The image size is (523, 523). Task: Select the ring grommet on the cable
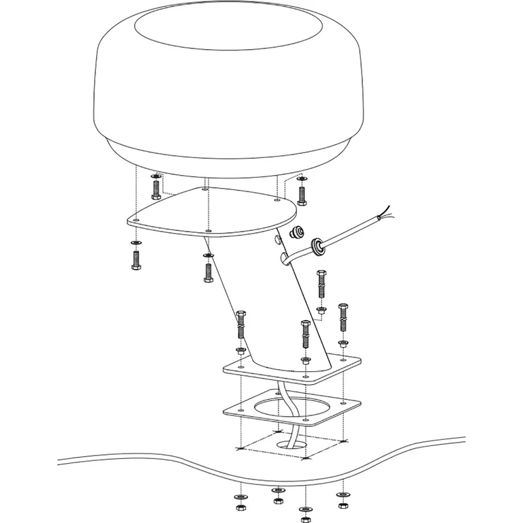pos(318,245)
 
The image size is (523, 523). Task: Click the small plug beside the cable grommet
pos(296,233)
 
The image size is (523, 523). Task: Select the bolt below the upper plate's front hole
pos(208,270)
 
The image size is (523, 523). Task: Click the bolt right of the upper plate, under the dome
pos(302,194)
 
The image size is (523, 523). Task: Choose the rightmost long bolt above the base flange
pos(343,319)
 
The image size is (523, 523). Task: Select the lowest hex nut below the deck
pos(303,519)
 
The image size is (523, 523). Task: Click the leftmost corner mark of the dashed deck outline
pos(238,448)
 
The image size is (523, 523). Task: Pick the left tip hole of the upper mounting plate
pos(136,221)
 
